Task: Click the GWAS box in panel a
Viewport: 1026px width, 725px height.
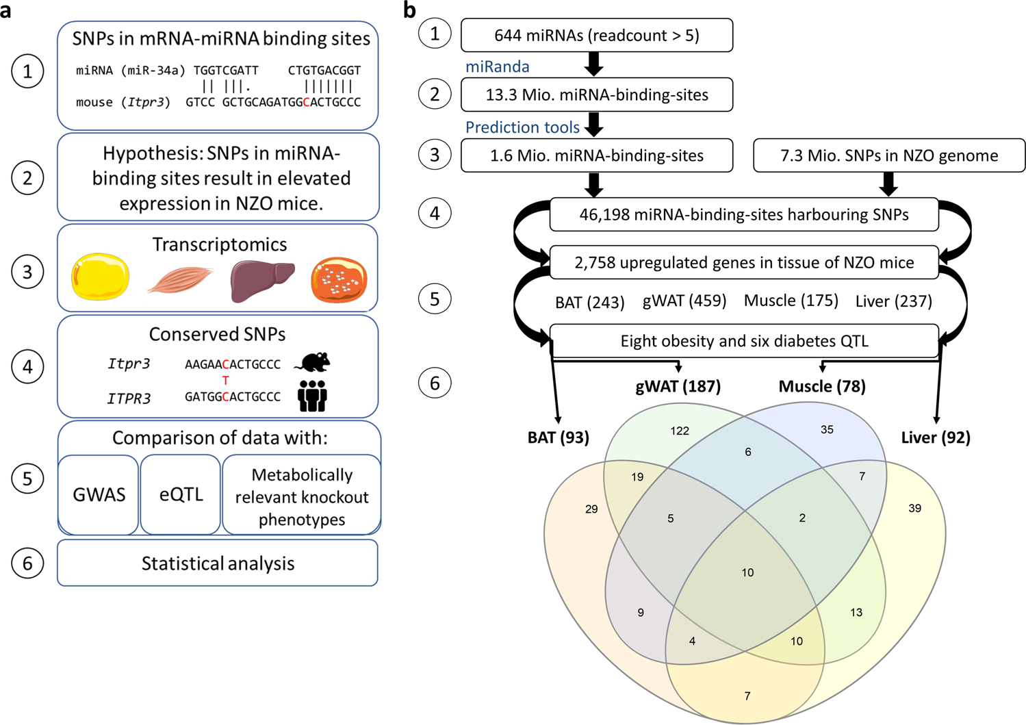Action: click(x=99, y=494)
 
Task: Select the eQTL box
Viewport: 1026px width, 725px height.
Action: click(x=181, y=494)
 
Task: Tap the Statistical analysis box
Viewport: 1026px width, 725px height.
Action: click(x=218, y=563)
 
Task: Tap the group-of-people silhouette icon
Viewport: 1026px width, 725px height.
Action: click(x=312, y=396)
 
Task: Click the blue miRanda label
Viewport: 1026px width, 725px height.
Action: click(x=498, y=66)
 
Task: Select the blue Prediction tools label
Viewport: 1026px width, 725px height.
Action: click(x=522, y=127)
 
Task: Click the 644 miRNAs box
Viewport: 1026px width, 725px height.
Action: click(x=596, y=36)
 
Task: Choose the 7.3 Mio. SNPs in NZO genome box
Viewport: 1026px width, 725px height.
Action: click(x=888, y=155)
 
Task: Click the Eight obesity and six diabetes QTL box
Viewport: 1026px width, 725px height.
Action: click(x=744, y=341)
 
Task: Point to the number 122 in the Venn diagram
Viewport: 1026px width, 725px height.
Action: click(x=680, y=431)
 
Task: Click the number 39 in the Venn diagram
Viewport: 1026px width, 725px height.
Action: click(x=914, y=508)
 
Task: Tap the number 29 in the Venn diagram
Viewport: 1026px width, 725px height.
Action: click(x=591, y=509)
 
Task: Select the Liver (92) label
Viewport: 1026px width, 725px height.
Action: click(x=936, y=437)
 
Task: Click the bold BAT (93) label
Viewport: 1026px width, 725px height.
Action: click(x=558, y=437)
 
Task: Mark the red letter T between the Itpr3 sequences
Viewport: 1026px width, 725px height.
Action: click(x=225, y=381)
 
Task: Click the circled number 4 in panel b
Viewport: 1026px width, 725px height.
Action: click(x=435, y=214)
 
